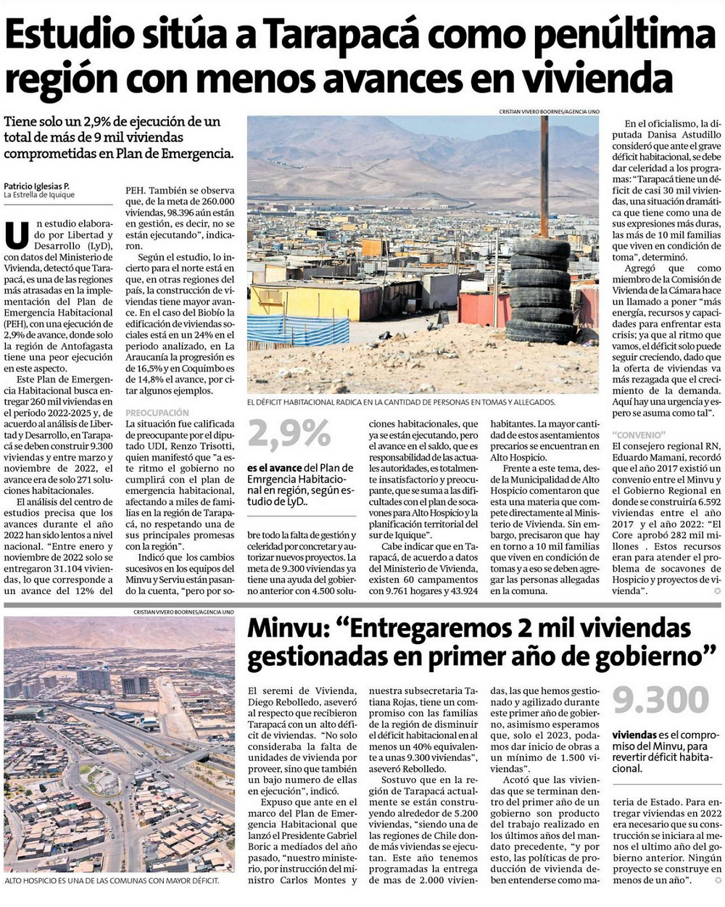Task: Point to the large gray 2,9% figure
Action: (x=289, y=435)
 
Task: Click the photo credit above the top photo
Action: (x=548, y=112)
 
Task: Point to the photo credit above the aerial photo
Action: (x=183, y=612)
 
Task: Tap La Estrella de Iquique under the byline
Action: (x=39, y=195)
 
